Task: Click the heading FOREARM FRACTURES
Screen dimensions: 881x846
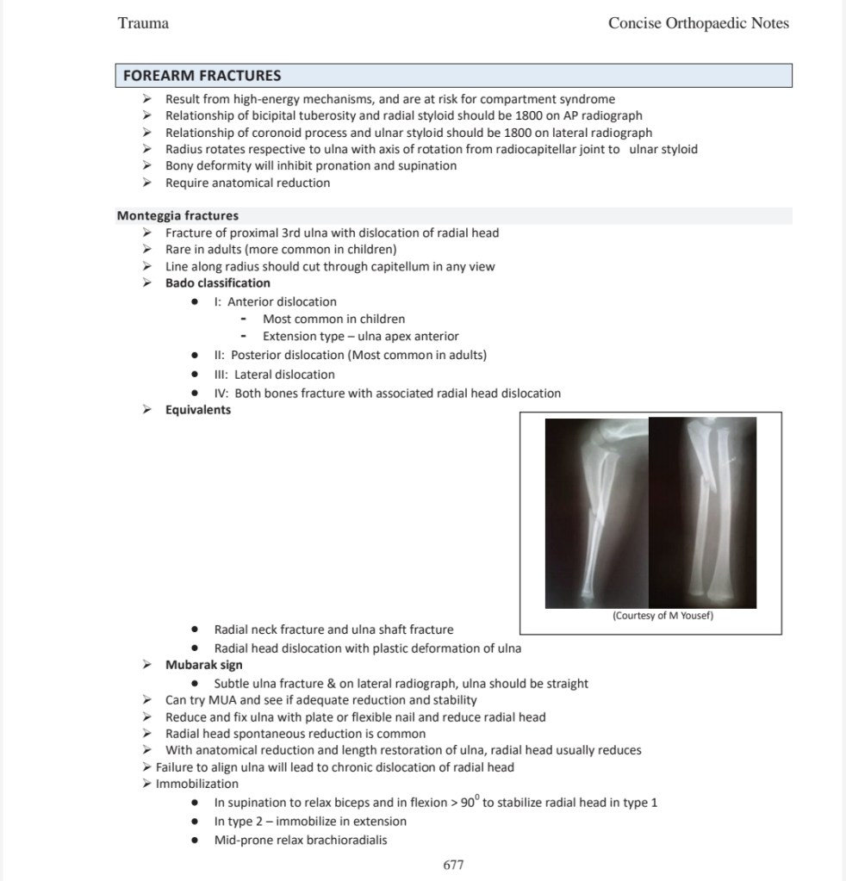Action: click(202, 76)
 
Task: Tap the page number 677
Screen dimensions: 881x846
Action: click(454, 865)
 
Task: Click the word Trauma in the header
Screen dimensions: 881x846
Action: click(143, 23)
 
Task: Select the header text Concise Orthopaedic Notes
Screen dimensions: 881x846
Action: click(698, 23)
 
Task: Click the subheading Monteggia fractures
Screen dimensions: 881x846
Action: click(177, 215)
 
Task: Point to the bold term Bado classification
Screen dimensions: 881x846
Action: click(217, 282)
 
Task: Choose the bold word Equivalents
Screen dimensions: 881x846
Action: click(198, 409)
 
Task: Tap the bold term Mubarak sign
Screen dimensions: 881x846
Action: click(203, 665)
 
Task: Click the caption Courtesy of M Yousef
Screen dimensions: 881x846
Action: click(662, 615)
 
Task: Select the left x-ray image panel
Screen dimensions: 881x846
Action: click(597, 512)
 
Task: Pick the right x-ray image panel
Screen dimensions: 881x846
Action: click(702, 512)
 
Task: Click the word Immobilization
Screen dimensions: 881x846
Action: click(197, 784)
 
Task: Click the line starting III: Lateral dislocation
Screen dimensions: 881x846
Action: click(274, 375)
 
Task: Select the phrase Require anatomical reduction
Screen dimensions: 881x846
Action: click(247, 183)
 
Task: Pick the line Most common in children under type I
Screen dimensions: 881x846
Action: click(333, 319)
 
